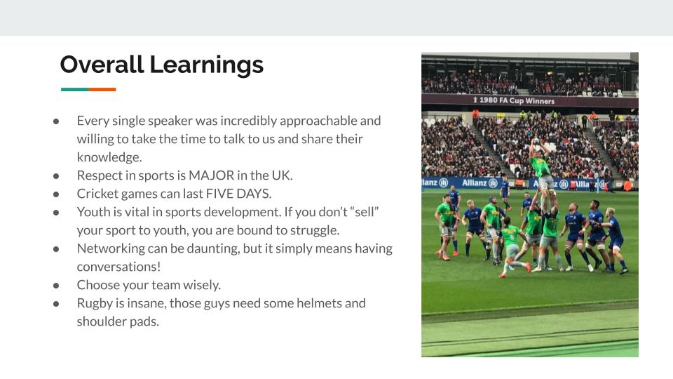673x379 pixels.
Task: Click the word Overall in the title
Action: click(102, 65)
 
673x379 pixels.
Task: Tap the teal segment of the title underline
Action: click(75, 89)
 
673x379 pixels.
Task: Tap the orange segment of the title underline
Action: click(102, 89)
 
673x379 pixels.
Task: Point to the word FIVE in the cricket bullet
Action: click(219, 194)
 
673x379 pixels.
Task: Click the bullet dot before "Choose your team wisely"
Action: click(56, 286)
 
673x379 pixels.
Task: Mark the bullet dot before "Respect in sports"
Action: click(56, 175)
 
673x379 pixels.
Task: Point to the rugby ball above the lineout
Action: click(536, 140)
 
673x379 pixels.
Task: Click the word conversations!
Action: click(119, 267)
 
